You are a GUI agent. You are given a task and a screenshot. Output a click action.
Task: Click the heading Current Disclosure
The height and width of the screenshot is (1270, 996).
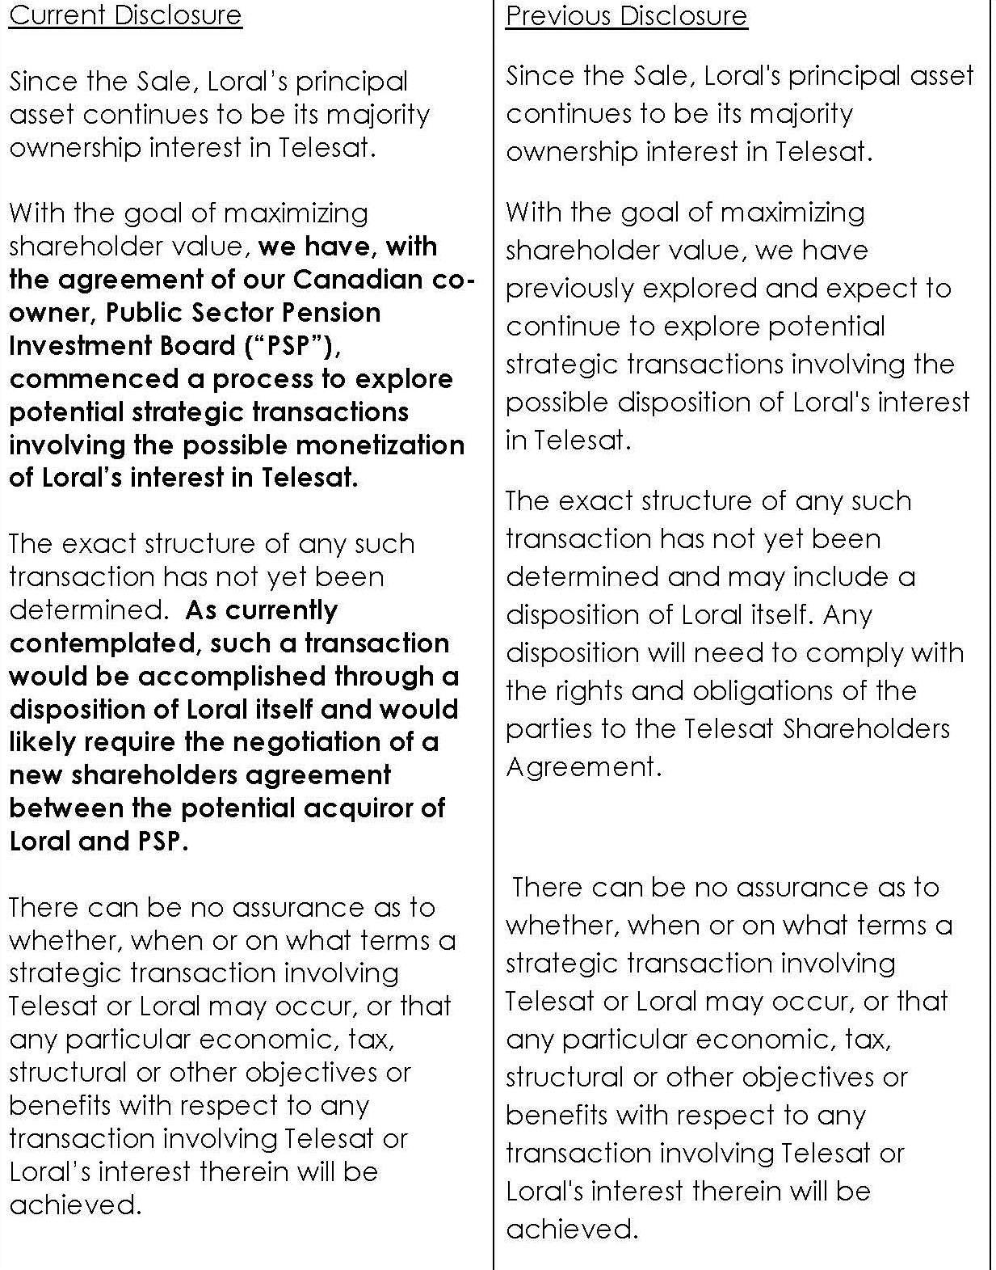pos(125,15)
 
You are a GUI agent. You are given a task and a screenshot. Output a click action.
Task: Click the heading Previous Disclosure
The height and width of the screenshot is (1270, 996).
pos(627,16)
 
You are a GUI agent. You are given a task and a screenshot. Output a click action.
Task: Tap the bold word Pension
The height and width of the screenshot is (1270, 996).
pos(330,312)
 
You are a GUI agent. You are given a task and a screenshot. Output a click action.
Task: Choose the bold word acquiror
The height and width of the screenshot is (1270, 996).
pos(387,808)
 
